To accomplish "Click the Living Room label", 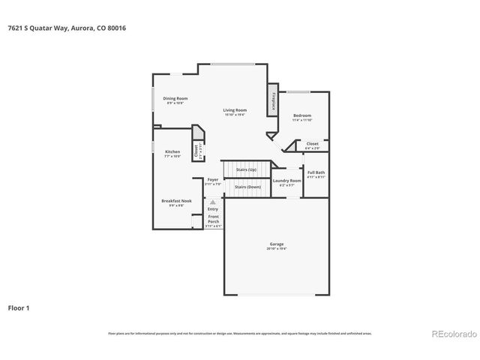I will tap(235, 110).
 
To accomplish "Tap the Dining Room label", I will tap(177, 98).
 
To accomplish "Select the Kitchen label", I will tap(172, 151).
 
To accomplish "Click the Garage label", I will tap(277, 244).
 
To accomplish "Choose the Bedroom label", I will tap(301, 115).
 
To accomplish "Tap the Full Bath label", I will tap(316, 173).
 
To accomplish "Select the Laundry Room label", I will tap(286, 181).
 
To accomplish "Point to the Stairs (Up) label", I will tap(247, 170).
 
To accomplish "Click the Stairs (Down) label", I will tap(247, 186).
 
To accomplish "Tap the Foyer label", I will tap(213, 180).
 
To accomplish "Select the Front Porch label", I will tap(213, 218).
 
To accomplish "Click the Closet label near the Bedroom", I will tap(312, 143).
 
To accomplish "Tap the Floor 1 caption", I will tap(19, 307).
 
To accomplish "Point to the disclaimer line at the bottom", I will tap(239, 333).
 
